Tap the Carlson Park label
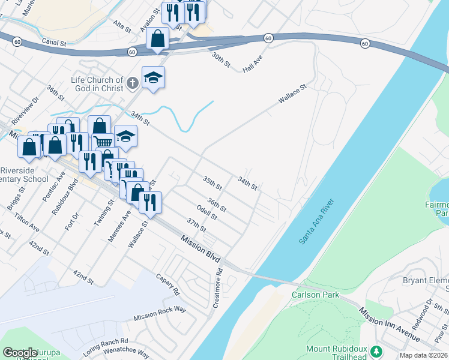316,295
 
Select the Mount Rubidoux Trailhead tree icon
376,351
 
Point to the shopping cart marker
104,142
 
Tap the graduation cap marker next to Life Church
153,77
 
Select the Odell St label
206,212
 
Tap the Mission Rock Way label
160,312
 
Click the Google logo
20,353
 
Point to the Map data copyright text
423,355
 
